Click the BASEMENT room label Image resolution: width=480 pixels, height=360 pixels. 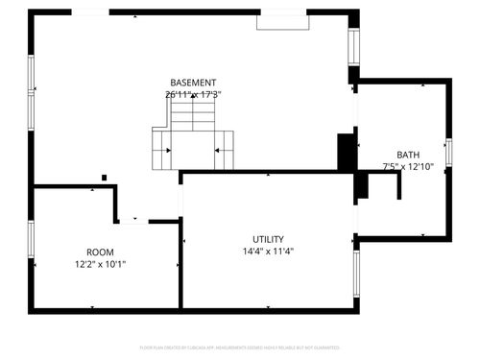pos(193,83)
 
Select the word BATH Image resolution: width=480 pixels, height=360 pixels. pos(408,155)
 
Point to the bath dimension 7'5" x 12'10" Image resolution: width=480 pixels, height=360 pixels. pos(408,166)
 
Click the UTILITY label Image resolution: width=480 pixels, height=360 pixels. pos(268,240)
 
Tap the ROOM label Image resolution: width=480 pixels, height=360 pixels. pos(100,252)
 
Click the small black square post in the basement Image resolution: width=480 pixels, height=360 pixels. pos(104,177)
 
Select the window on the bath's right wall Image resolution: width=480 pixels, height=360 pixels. pos(448,152)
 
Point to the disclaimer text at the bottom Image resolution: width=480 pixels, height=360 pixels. pos(240,347)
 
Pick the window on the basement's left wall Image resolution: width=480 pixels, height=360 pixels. pos(31,91)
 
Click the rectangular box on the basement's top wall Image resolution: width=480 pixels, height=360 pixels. pos(281,20)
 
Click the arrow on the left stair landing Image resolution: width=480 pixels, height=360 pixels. pos(169,150)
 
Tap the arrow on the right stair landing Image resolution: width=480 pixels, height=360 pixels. pos(218,150)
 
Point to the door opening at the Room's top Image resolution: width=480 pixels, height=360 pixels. pos(133,222)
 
